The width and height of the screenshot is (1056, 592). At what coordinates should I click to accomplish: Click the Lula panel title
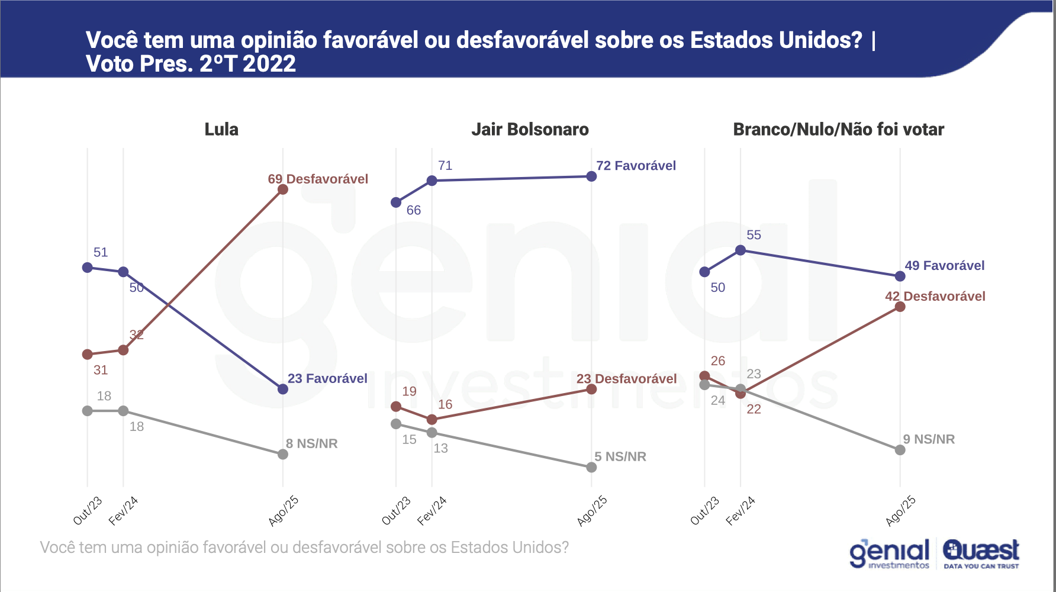click(221, 130)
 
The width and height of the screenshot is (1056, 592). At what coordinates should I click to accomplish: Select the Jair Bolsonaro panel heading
click(530, 130)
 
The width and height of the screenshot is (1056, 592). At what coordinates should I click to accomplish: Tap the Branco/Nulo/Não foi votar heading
click(838, 130)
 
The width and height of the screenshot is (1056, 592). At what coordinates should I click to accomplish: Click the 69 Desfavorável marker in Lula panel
click(283, 189)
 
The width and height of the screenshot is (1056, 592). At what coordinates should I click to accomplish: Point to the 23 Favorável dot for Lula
click(283, 389)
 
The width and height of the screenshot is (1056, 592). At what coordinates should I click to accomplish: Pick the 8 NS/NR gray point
click(283, 454)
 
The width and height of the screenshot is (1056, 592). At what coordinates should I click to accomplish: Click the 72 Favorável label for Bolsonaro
click(636, 166)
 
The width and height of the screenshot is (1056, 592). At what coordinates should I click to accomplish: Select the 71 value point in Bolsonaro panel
click(432, 181)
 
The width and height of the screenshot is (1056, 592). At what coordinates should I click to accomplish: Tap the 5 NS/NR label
click(620, 456)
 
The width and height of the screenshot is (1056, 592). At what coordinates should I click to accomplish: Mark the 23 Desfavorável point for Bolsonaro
click(591, 389)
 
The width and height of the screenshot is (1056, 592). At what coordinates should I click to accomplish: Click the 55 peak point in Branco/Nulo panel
click(741, 250)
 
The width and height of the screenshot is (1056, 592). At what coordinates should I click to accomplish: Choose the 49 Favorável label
click(945, 266)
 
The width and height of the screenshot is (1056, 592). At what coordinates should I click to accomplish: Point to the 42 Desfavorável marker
click(900, 307)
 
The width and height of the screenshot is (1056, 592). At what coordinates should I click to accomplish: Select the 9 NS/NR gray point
click(900, 450)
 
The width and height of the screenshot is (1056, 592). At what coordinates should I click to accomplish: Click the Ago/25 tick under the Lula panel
click(284, 511)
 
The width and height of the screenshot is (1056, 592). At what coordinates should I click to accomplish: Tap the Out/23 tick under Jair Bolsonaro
click(396, 511)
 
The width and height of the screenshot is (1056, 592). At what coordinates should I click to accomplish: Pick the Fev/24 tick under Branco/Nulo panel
click(741, 511)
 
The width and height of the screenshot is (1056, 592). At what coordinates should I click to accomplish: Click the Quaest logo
click(981, 554)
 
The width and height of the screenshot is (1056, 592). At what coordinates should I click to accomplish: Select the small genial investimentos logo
click(890, 554)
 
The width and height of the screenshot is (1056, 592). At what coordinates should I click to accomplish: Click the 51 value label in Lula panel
click(101, 253)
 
